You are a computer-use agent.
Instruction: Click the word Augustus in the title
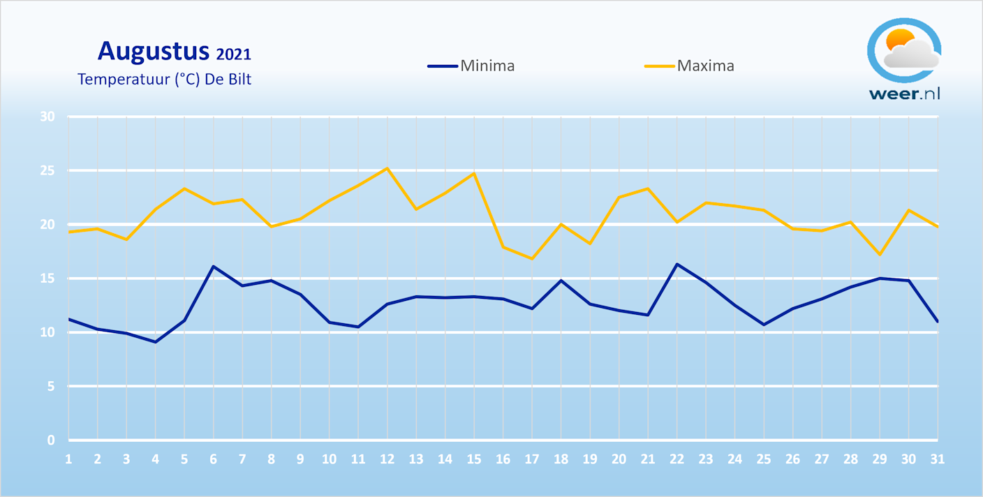click(153, 51)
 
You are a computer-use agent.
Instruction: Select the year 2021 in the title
click(233, 54)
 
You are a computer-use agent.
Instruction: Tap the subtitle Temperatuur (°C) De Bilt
click(164, 79)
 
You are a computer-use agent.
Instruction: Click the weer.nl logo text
click(904, 94)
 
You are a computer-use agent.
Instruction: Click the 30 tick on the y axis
click(47, 117)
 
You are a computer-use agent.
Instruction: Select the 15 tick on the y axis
click(47, 279)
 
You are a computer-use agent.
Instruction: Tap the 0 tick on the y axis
click(51, 440)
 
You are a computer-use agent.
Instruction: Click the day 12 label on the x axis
click(387, 459)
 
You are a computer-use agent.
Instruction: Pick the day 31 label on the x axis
click(937, 459)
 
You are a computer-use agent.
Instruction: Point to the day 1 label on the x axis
click(68, 459)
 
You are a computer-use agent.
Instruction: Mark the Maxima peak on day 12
click(387, 168)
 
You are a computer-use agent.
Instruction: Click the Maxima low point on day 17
click(532, 259)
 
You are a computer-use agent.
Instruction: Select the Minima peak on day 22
click(677, 264)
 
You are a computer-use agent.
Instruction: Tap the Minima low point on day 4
click(155, 342)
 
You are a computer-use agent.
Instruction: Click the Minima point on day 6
click(213, 266)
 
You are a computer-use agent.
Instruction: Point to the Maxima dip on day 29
click(879, 254)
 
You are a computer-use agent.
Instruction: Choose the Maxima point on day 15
click(474, 173)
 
